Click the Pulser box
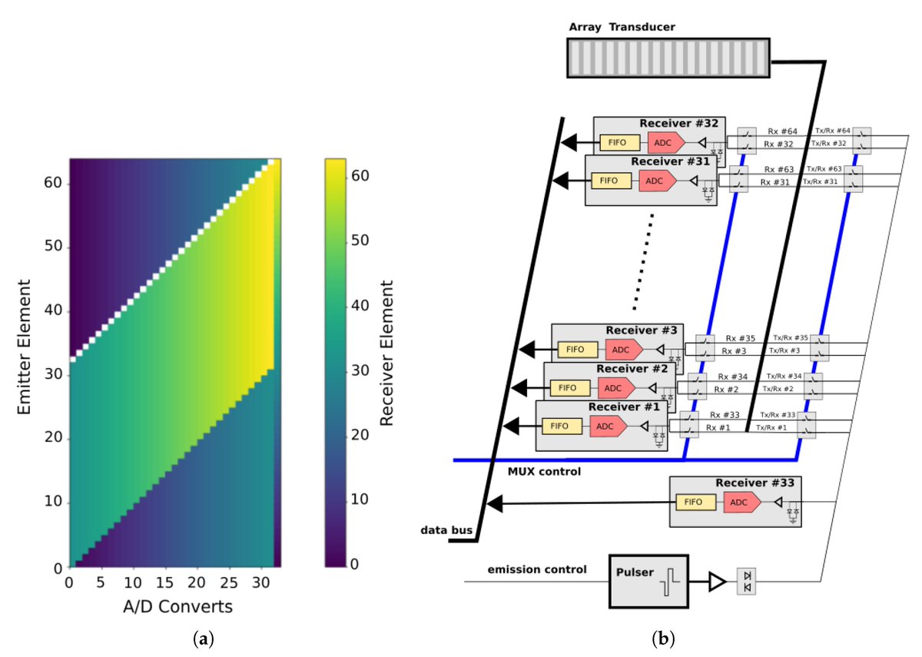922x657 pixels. pyautogui.click(x=648, y=582)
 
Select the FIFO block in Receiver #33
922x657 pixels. pyautogui.click(x=695, y=503)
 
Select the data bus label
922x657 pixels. pyautogui.click(x=441, y=531)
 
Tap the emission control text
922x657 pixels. pyautogui.click(x=537, y=569)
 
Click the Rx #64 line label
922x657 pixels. pyautogui.click(x=781, y=131)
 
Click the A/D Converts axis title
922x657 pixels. pyautogui.click(x=177, y=607)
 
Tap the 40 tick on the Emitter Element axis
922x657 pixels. pyautogui.click(x=57, y=312)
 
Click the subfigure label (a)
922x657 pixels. pyautogui.click(x=203, y=639)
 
